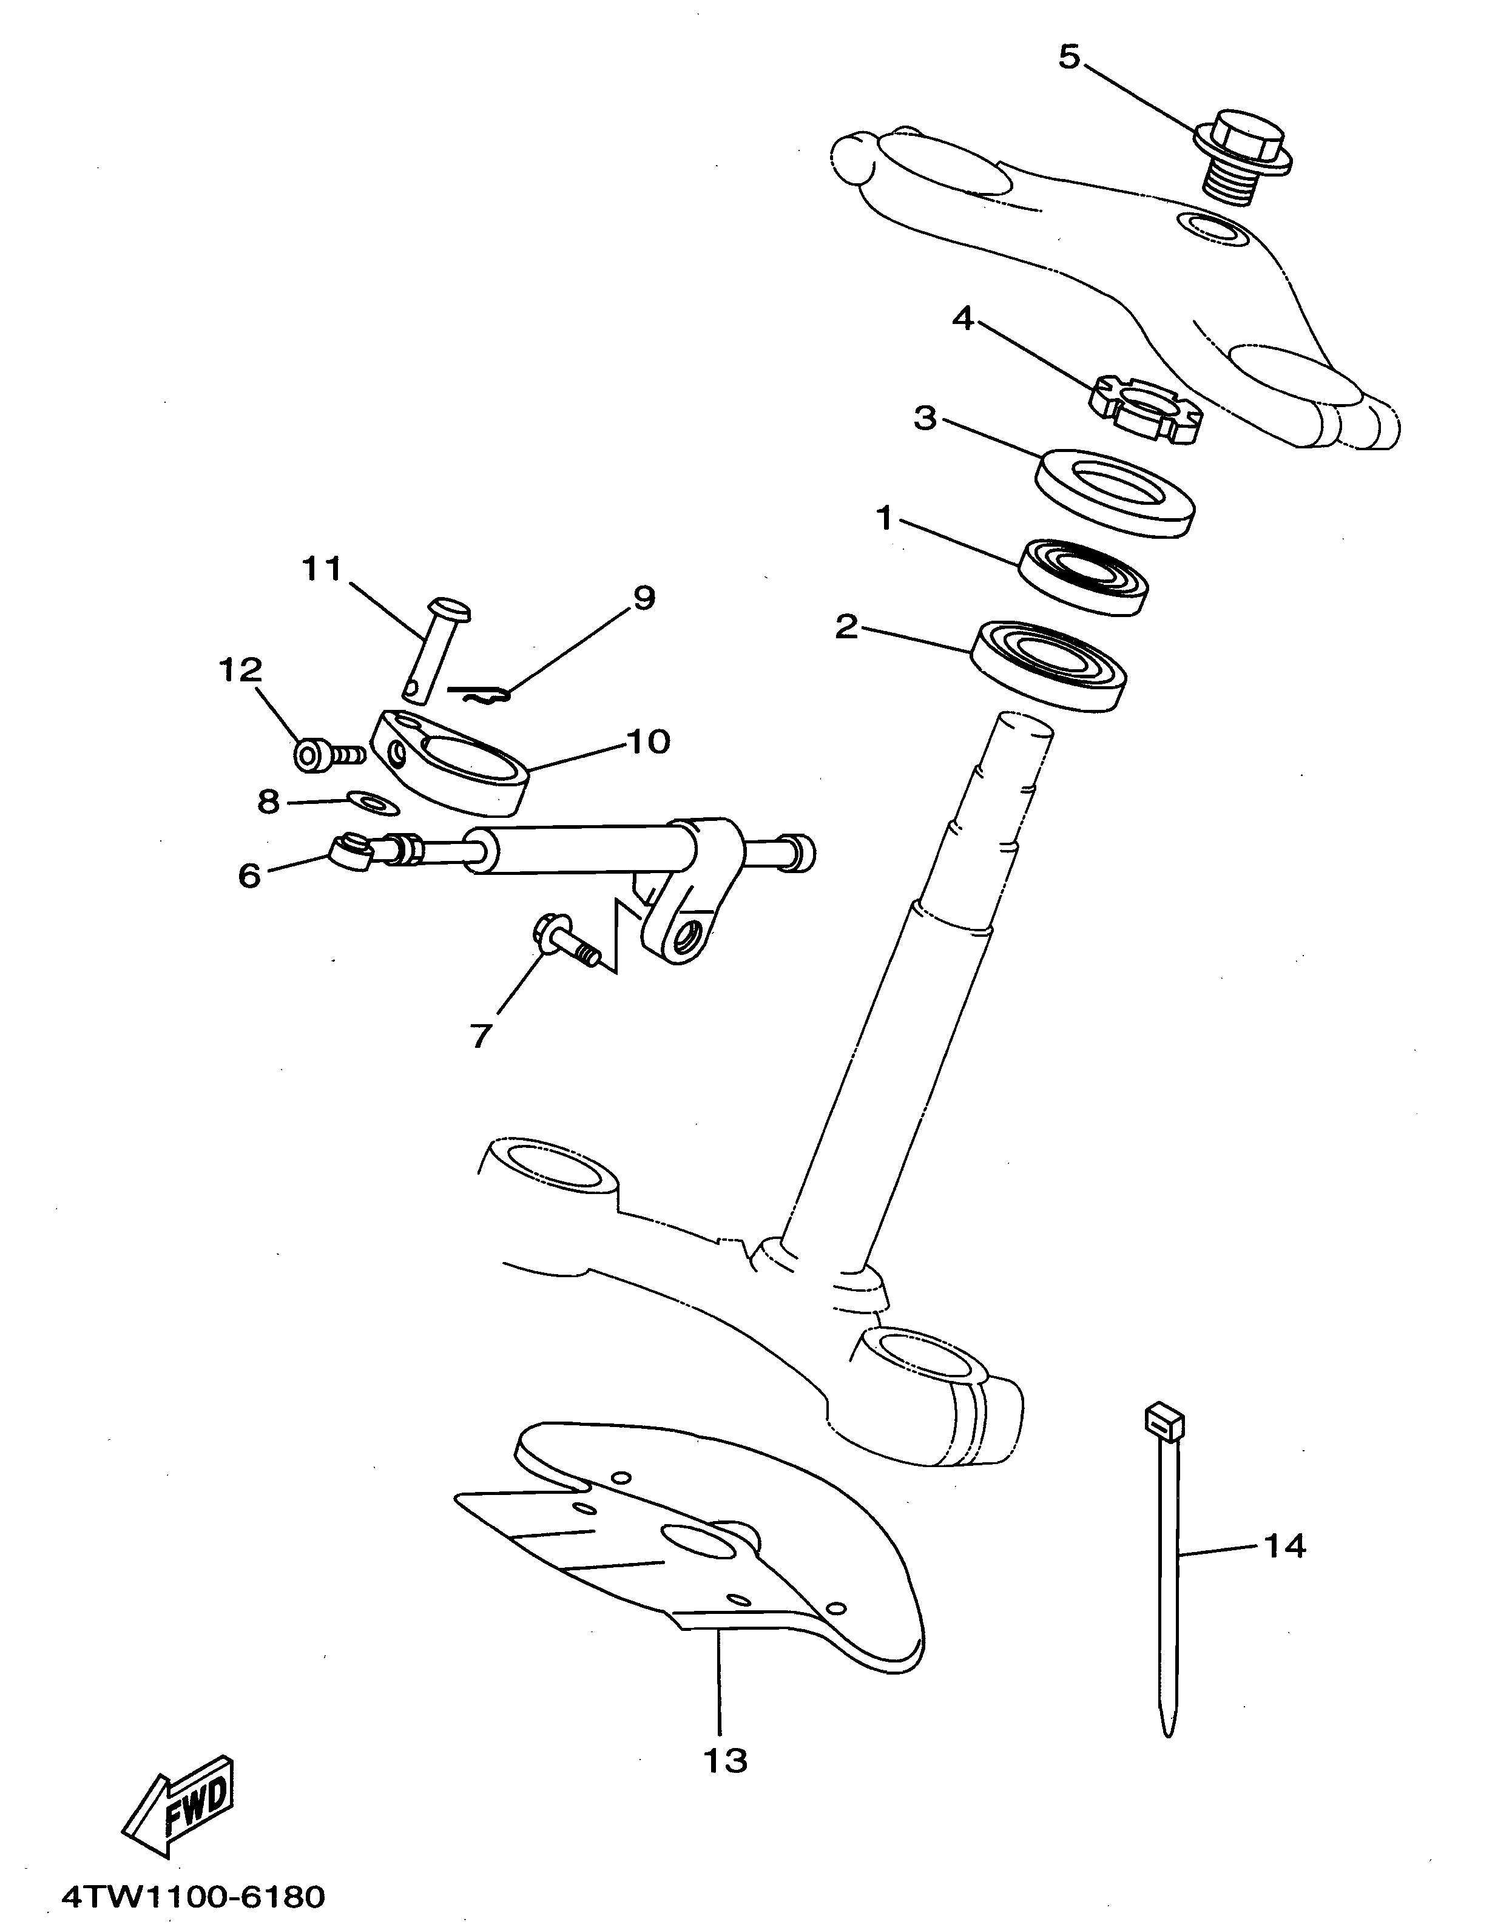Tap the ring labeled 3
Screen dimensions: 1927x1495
[x=1114, y=493]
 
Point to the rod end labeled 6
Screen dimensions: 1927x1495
[x=349, y=851]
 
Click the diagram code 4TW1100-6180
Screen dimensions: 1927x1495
[x=192, y=1891]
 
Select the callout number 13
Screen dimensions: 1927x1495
[x=724, y=1760]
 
